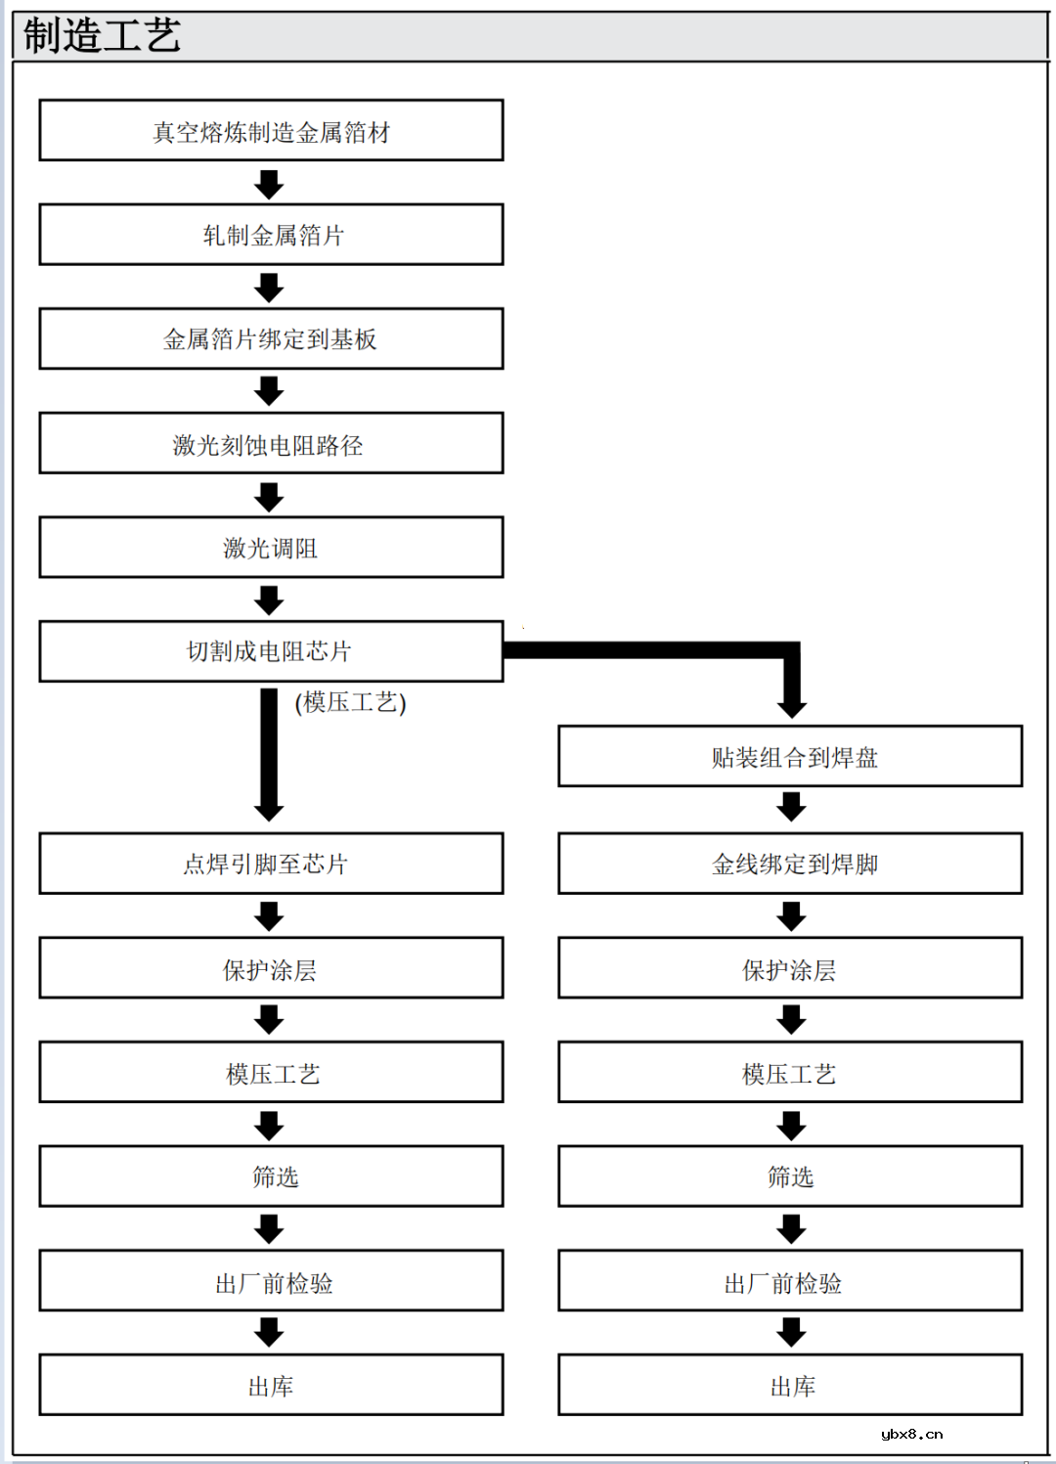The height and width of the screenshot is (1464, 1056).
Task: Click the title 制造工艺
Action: pos(102,36)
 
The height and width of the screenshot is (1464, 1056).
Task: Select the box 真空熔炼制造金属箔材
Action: pos(271,130)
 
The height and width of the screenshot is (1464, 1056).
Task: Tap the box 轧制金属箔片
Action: pos(271,235)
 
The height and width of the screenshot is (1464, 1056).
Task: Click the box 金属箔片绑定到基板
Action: pos(271,338)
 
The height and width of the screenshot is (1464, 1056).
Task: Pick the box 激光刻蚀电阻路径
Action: pos(271,444)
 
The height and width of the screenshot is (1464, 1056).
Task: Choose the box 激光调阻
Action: pos(271,548)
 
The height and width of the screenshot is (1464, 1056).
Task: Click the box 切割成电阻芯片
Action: pos(271,651)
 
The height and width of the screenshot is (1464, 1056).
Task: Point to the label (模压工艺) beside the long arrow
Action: pos(350,702)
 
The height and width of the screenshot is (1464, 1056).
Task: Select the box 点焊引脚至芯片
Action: pos(271,864)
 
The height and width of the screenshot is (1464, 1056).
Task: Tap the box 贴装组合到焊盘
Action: pos(790,756)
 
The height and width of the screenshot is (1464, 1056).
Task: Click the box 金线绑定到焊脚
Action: pos(790,864)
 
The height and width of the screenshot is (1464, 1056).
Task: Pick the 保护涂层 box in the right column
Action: pos(790,968)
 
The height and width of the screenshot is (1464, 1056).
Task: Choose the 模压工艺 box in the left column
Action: pos(271,1073)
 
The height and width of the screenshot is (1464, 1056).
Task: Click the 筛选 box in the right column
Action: pos(790,1176)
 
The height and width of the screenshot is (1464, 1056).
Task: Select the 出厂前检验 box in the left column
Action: pos(271,1281)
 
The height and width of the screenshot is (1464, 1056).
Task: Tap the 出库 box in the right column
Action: pos(790,1385)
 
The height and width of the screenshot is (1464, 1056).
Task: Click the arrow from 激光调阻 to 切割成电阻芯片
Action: pos(269,599)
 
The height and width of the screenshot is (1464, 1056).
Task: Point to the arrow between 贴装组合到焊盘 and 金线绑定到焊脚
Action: pos(791,808)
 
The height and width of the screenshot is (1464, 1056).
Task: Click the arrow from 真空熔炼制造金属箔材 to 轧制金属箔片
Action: pos(269,184)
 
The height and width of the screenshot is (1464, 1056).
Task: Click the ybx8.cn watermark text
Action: pos(911,1435)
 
